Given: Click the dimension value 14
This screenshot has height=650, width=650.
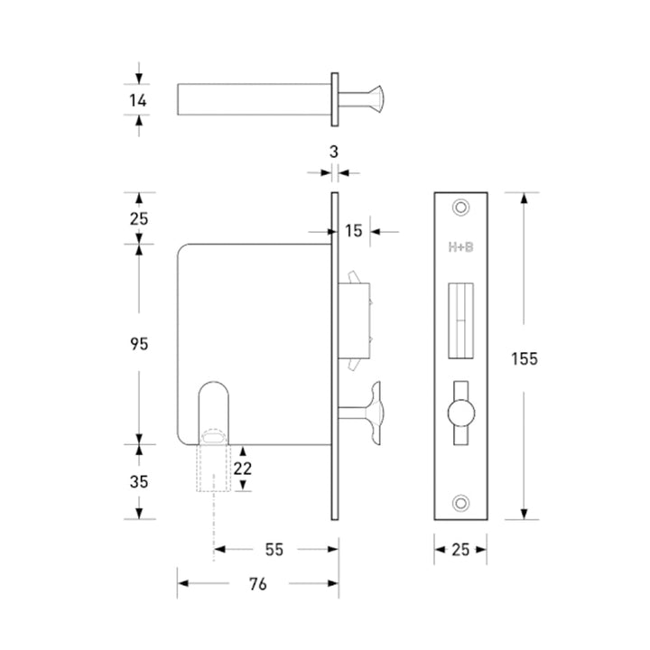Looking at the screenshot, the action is point(137,100).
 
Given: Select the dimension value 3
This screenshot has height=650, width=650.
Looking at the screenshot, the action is point(334,153).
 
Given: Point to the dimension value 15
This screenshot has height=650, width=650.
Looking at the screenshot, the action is point(354,231).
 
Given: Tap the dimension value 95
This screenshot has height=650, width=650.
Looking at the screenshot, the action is point(139,344).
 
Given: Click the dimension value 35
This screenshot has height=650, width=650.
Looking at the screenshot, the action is point(139,482).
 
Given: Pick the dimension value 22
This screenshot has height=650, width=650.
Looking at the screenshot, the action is point(243,469).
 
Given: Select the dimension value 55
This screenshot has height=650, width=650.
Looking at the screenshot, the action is point(274,550).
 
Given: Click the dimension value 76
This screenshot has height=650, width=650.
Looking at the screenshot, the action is point(258,584).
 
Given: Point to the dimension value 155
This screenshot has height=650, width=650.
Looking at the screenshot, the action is point(525,359).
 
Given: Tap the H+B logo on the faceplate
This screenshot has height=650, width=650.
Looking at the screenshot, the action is point(460,247).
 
